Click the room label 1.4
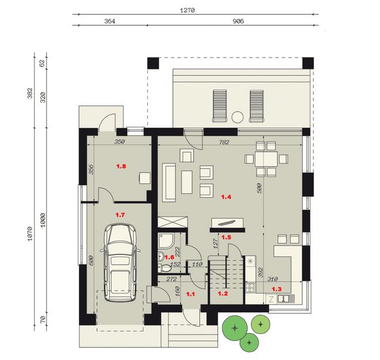226,197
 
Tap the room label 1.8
121,167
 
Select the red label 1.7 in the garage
120,215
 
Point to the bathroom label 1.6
170,257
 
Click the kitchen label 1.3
276,289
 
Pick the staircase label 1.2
222,293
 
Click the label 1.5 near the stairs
226,237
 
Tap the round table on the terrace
236,117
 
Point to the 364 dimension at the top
110,21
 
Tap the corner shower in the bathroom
164,240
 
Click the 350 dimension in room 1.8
120,141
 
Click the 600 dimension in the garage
92,259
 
